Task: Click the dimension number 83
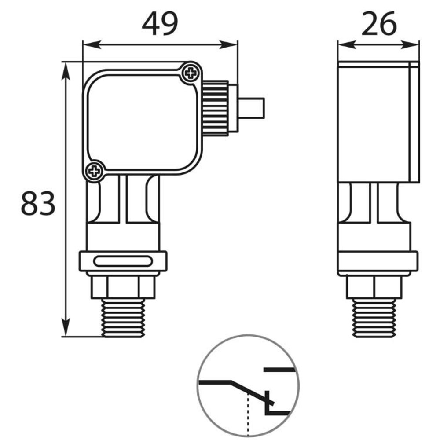pyautogui.click(x=38, y=203)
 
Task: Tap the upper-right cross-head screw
pyautogui.click(x=191, y=73)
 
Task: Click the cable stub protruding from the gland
pyautogui.click(x=252, y=108)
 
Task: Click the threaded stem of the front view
pyautogui.click(x=123, y=318)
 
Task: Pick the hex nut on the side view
pyautogui.click(x=374, y=286)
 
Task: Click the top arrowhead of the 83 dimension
pyautogui.click(x=66, y=68)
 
